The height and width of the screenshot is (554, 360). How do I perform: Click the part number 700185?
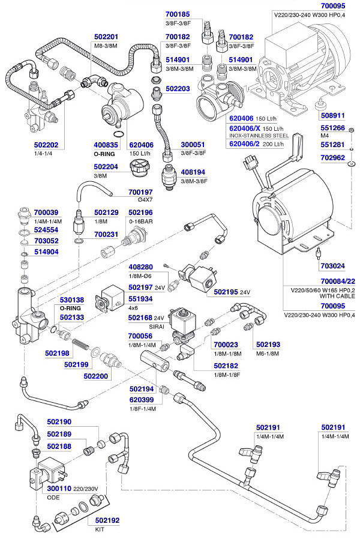[178, 14]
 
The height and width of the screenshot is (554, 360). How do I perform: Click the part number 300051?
[194, 145]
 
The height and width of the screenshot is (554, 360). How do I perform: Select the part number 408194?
[194, 172]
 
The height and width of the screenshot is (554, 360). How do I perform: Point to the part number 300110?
[59, 489]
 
